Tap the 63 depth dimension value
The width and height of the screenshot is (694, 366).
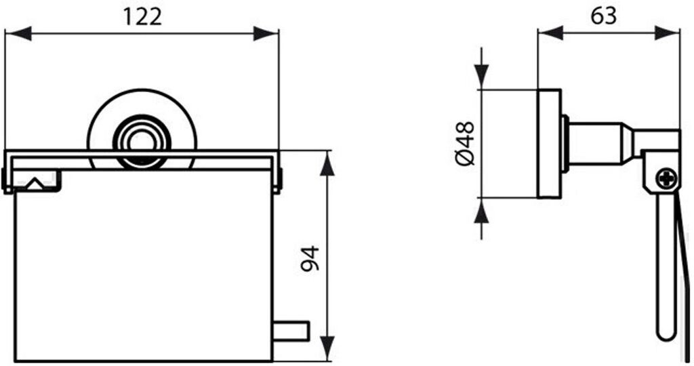(603, 15)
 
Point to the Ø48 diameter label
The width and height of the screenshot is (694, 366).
(466, 143)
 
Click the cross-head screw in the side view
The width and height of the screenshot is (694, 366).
(667, 180)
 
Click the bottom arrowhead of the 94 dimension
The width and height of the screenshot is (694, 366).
(327, 350)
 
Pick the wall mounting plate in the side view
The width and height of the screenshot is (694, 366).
(550, 143)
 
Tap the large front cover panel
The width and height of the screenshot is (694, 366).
(142, 271)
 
